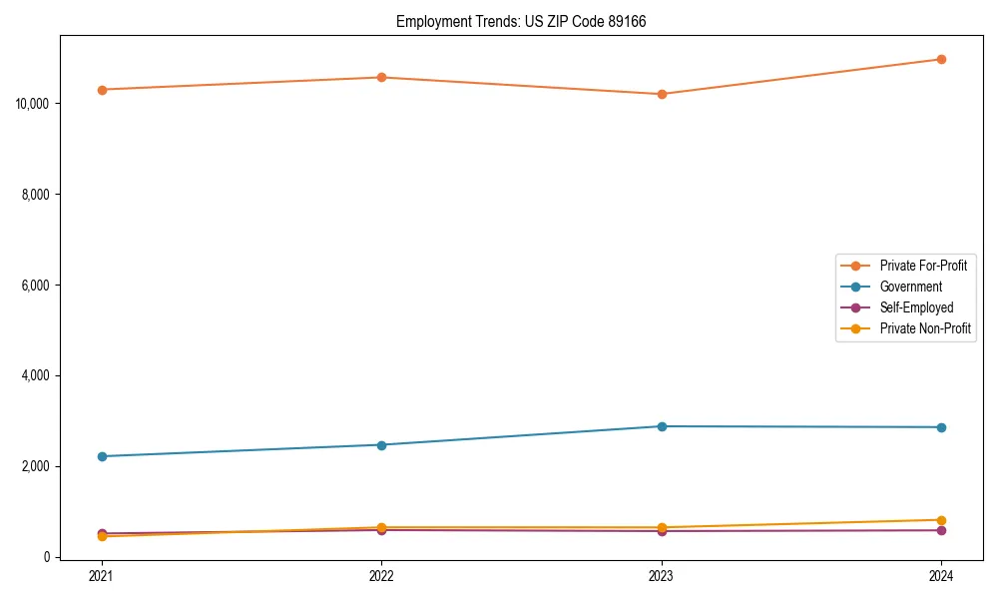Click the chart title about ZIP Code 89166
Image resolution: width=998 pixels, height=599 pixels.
521,21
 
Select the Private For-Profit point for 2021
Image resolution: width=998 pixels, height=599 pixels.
102,90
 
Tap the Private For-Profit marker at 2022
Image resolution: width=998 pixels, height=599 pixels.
381,77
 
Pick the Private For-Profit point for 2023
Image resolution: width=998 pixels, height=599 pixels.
662,94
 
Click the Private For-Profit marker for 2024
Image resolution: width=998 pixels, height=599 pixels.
941,59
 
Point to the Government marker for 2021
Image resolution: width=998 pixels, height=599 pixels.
102,456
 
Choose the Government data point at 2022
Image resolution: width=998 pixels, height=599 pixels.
381,445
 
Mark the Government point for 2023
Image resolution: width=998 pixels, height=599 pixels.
662,426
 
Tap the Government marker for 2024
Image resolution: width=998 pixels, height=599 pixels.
941,427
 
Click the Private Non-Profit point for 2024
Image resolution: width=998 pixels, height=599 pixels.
941,520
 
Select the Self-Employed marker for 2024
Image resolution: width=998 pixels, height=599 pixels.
941,530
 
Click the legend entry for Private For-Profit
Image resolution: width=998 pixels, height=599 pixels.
923,266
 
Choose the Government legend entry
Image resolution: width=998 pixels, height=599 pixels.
910,287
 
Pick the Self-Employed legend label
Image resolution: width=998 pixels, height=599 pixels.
916,307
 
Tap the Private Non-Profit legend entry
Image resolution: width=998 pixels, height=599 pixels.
925,328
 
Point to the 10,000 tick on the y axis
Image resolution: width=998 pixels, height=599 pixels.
34,104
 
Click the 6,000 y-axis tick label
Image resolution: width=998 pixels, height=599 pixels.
37,286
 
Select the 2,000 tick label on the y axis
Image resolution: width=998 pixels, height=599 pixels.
37,466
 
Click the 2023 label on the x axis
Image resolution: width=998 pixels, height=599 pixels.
662,575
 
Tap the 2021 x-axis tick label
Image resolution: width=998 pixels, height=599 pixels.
102,575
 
